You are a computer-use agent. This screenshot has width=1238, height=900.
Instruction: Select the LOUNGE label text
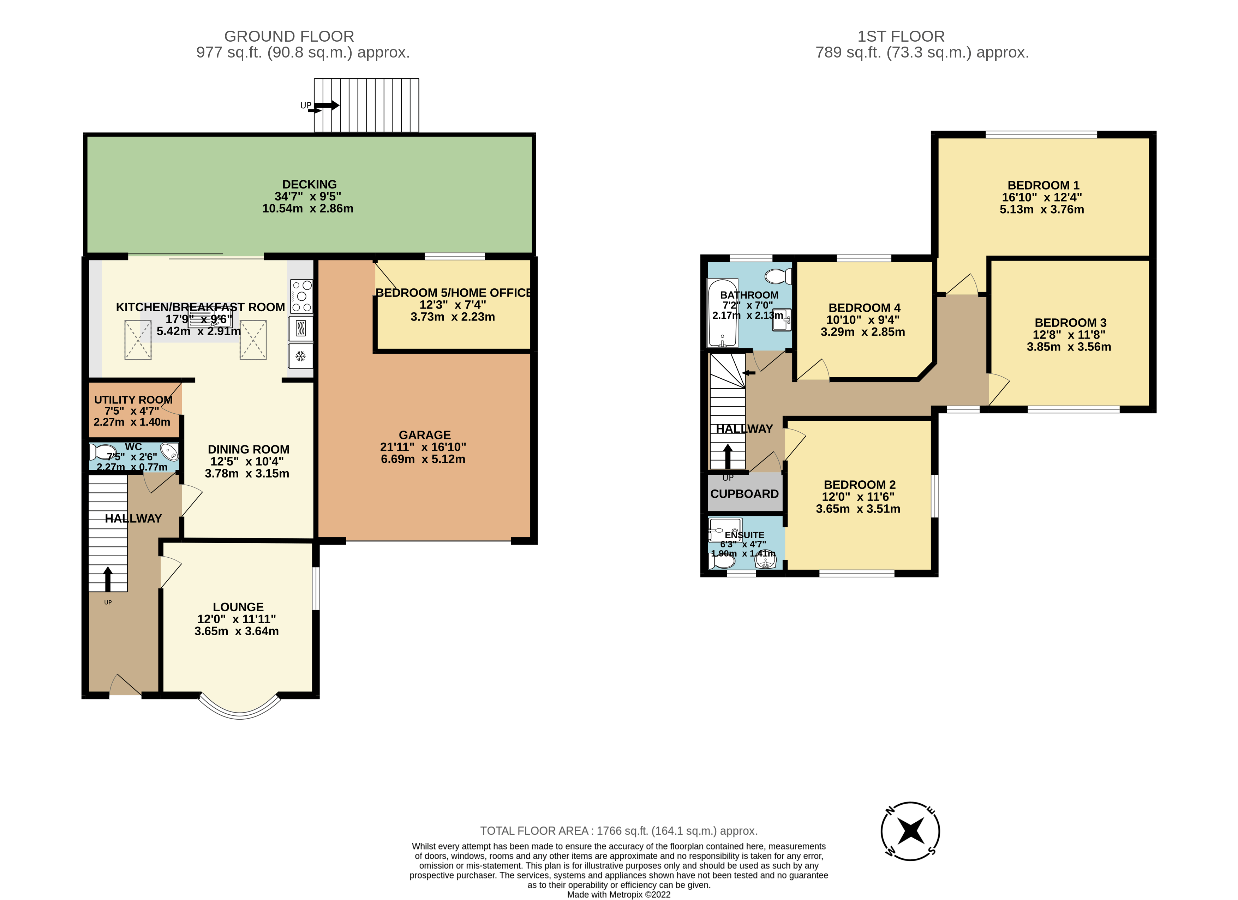point(238,607)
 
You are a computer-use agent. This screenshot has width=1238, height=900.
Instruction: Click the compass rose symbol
point(910,831)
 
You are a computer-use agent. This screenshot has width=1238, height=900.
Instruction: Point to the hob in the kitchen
point(301,296)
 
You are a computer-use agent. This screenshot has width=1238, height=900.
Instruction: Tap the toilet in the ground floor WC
point(102,452)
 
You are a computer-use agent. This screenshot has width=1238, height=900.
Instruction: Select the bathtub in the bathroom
point(722,313)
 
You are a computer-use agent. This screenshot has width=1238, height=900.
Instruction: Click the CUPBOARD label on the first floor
point(744,494)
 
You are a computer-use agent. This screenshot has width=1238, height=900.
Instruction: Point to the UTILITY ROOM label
point(133,400)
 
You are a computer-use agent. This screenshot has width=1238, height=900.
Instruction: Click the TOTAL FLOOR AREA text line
point(618,831)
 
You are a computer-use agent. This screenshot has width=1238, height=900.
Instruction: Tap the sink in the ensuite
point(765,562)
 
